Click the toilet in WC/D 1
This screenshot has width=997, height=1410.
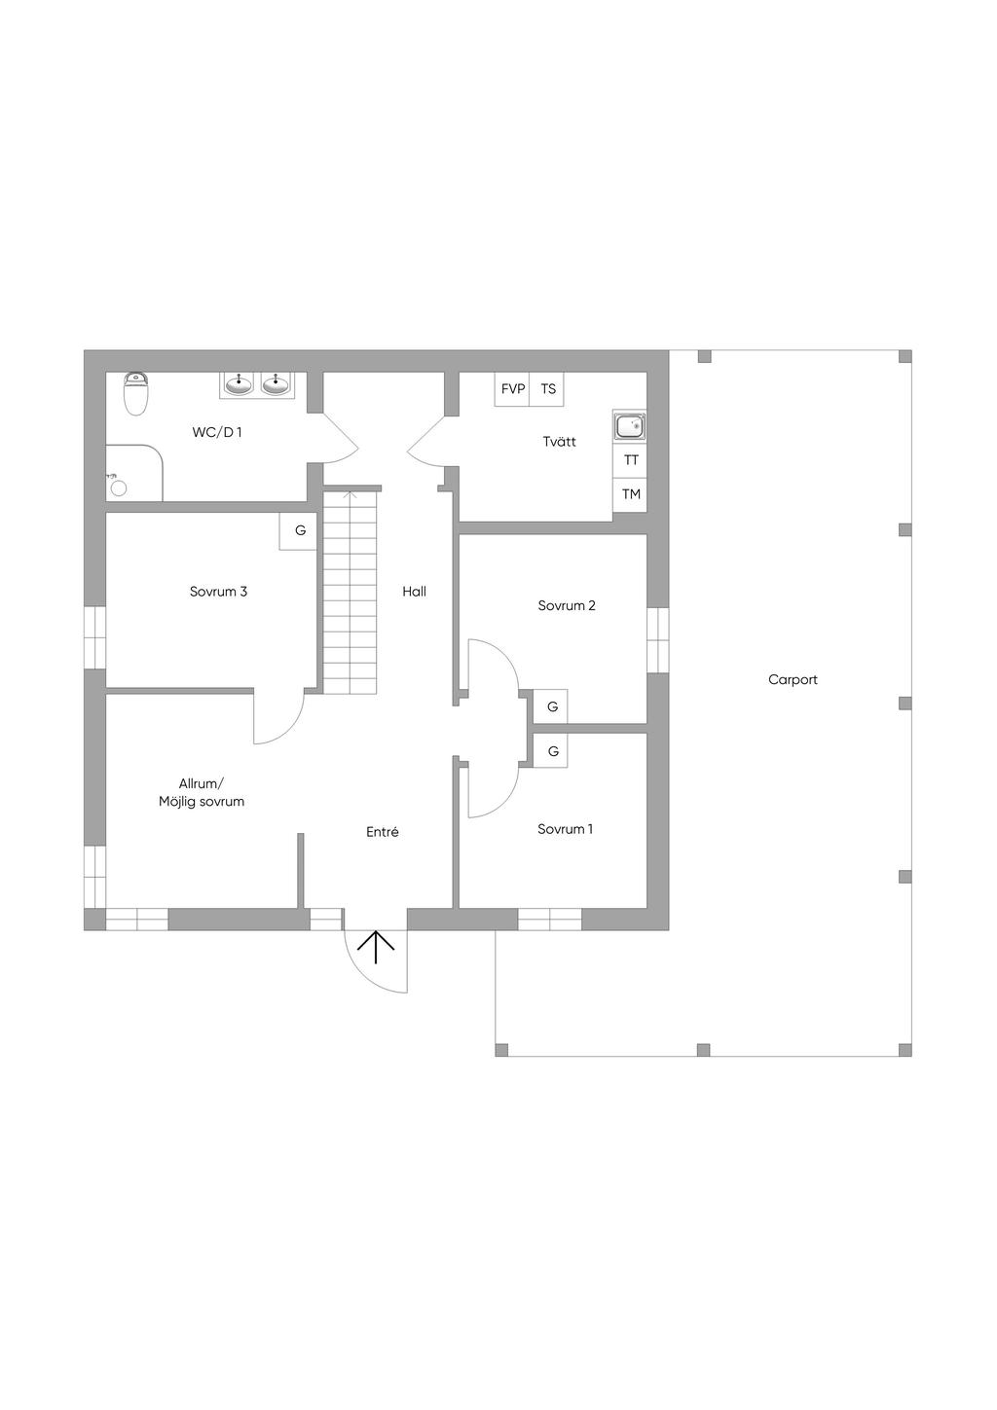[136, 394]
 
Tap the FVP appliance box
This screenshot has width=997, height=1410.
[512, 389]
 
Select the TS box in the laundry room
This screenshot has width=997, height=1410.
[548, 389]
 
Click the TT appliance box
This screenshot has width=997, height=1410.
[631, 460]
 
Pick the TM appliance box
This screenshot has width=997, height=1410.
[631, 494]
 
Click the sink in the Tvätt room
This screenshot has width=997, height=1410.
[630, 426]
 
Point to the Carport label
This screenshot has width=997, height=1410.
[793, 680]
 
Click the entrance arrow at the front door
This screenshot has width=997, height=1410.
[376, 947]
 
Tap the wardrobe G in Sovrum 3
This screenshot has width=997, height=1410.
[300, 531]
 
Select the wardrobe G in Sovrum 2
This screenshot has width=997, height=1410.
[552, 706]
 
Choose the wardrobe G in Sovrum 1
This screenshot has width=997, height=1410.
[553, 751]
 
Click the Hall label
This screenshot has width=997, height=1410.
[414, 592]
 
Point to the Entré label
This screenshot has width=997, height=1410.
[382, 832]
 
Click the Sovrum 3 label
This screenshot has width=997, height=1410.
[218, 592]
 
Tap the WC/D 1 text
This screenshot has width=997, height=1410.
[216, 432]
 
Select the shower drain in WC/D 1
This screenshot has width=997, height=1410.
[119, 488]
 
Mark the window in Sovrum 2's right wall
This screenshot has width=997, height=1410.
[658, 639]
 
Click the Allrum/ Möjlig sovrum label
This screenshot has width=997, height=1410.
[202, 793]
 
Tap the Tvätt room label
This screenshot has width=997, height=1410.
[559, 442]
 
